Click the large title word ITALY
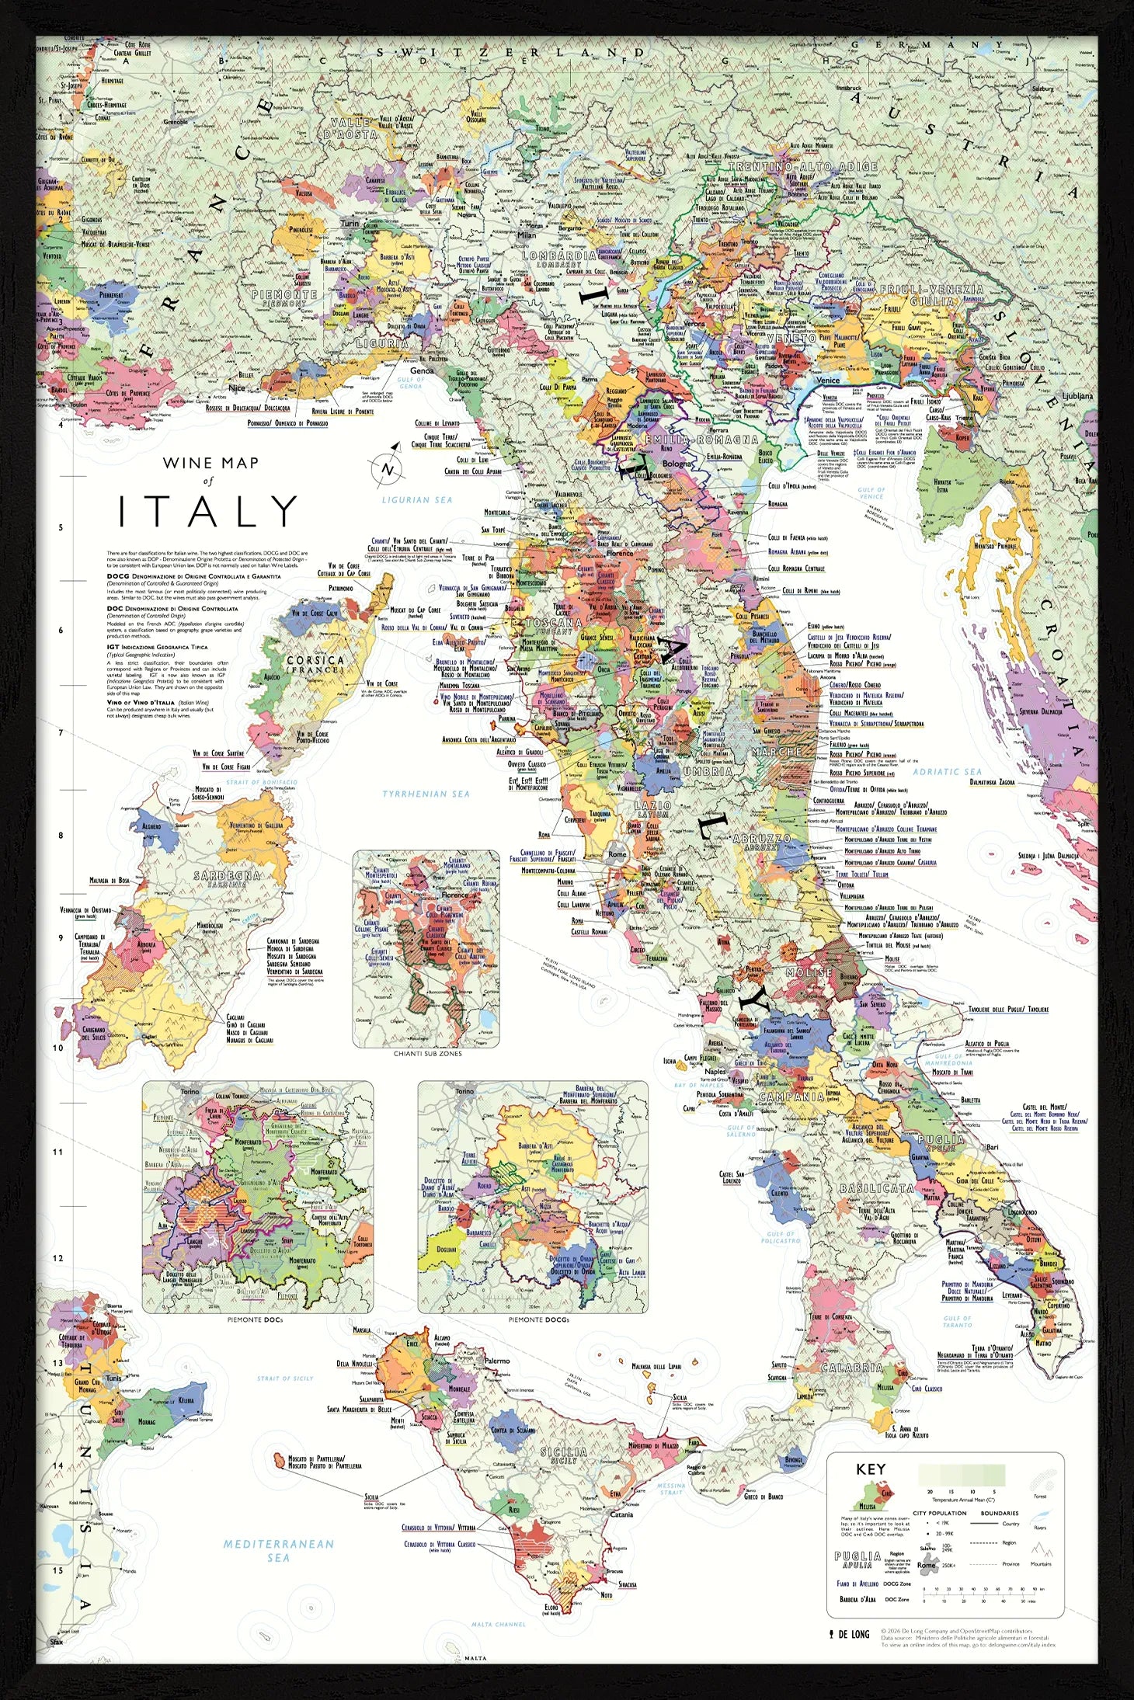208,512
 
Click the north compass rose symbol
387,468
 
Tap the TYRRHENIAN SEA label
426,794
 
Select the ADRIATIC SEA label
947,771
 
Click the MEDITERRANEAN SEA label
278,1550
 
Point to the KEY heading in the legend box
870,1469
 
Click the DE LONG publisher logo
850,1634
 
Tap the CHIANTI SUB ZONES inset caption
426,1054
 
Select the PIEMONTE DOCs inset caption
255,1319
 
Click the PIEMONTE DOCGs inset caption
538,1319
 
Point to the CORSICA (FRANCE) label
315,664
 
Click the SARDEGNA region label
227,878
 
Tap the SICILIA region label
564,1452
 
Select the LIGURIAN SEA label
416,499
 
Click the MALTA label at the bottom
475,1657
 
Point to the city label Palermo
497,1361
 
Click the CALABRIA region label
851,1367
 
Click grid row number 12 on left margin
57,1259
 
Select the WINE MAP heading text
210,463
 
